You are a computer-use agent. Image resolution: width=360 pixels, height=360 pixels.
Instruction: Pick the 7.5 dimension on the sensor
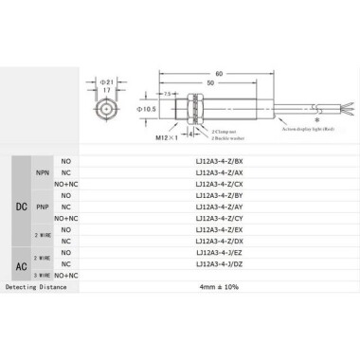click(x=169, y=95)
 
